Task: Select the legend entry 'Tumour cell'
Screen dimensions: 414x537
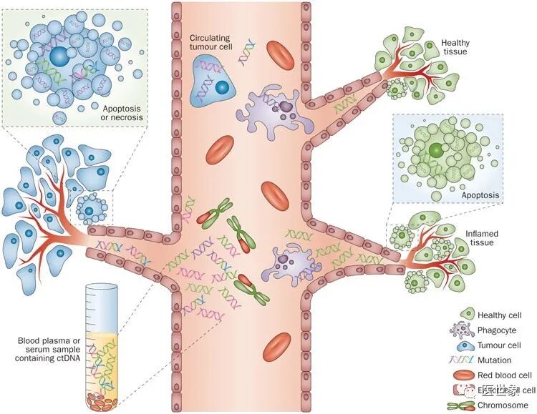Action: tap(500, 345)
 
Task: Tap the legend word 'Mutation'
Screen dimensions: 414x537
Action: tap(497, 360)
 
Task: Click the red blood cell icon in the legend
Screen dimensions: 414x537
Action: tap(465, 375)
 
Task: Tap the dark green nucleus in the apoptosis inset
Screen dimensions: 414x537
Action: tap(437, 151)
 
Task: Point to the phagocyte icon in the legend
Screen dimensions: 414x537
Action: tap(465, 329)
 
